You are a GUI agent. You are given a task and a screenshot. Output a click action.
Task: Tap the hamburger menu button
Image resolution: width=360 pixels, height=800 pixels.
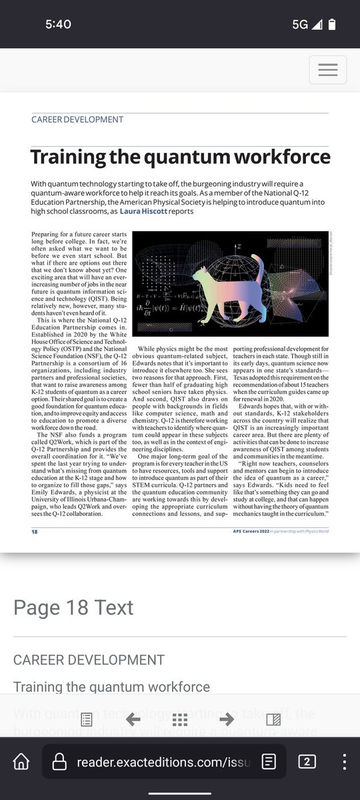point(327,70)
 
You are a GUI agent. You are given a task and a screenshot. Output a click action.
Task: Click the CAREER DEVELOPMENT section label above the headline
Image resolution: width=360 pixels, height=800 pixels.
point(77,119)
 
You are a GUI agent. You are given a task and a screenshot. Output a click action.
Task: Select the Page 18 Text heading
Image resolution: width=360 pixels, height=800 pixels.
point(73,607)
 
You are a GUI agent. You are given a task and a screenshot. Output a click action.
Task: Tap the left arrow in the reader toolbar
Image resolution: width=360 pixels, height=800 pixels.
point(133,718)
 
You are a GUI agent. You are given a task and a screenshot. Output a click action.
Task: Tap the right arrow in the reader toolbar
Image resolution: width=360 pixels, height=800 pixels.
point(226,718)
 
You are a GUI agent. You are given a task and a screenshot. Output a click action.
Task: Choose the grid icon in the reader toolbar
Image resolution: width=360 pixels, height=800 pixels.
point(179,719)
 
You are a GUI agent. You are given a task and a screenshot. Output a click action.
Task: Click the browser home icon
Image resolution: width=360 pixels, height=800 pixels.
point(22,761)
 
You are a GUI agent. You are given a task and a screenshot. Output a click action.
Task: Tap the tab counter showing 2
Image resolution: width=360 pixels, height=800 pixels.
point(307,761)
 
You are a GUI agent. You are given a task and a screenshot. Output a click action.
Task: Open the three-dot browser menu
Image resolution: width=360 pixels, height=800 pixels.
point(344,761)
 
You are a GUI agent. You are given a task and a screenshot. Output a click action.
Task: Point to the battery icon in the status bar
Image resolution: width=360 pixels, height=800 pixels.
point(332,24)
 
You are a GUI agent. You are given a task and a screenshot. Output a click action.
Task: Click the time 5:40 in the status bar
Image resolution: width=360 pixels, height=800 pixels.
point(59,24)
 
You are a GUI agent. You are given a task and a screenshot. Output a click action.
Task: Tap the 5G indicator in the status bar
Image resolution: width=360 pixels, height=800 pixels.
point(300,24)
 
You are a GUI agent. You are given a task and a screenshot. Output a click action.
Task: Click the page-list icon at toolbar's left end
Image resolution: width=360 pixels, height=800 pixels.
point(86,719)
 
